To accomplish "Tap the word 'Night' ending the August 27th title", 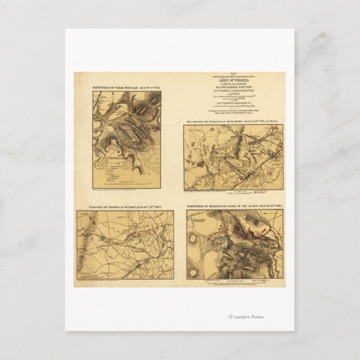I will tap(277, 121).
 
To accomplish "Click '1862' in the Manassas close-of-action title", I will tap(278, 206).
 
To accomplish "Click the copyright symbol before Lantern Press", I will tap(230, 317).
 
